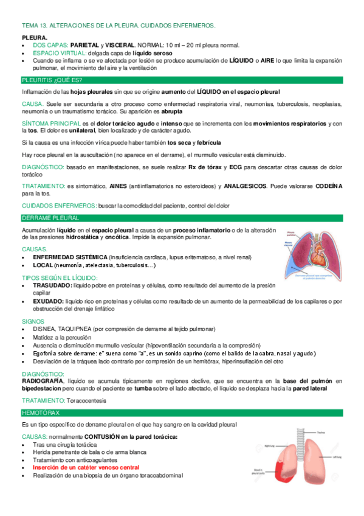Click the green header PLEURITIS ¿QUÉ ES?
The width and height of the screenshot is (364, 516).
(52, 80)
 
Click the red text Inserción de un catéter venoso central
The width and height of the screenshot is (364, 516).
(86, 467)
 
